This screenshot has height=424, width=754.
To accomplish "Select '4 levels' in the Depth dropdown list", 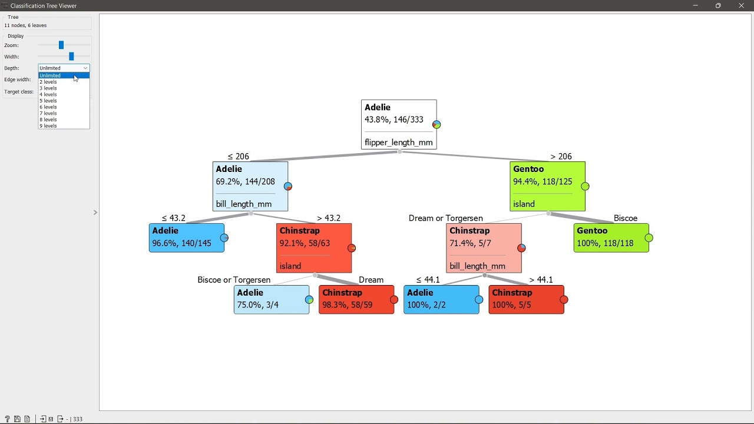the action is pos(48,94).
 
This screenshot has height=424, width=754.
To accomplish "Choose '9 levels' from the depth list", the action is pos(48,126).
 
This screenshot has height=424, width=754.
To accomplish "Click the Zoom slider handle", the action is pos(61,45).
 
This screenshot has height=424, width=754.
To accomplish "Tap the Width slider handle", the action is pos(71,56).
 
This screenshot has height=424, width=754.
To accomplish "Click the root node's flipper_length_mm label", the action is pos(399,143).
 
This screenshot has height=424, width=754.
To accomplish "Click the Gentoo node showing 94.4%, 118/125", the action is pos(547,187).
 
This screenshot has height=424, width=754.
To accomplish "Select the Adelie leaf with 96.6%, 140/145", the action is pos(187,237).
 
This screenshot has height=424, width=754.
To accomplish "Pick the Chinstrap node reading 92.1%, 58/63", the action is pos(314,248).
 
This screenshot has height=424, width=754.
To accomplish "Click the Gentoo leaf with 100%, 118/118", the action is pos(611,237).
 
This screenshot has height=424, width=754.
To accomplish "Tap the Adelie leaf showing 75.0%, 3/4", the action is pos(272,300).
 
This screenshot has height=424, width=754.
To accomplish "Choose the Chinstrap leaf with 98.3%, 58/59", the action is pos(356,300).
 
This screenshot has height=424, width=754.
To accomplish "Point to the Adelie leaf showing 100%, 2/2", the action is pos(441,300).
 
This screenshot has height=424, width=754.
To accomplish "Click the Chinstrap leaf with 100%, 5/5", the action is pos(526,300).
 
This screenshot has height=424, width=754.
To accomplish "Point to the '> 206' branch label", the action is pos(561,157).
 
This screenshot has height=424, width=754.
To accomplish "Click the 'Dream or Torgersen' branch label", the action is pos(446,218).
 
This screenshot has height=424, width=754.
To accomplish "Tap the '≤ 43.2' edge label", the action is pos(173,218).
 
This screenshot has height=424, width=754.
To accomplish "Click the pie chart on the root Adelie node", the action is pos(436,124).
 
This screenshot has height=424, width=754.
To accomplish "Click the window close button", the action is pos(741,5).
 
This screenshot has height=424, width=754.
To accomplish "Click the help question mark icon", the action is pos(7,419).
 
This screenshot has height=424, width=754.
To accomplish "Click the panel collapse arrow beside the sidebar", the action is pos(95,213).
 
